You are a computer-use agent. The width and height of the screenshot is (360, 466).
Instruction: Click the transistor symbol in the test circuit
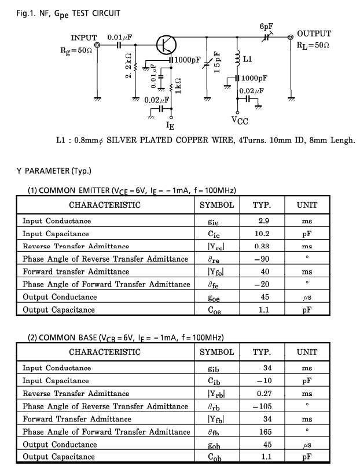click(x=167, y=45)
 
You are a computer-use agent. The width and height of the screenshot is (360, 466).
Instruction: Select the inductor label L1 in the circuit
click(x=248, y=59)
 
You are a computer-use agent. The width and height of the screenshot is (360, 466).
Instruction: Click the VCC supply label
click(x=241, y=120)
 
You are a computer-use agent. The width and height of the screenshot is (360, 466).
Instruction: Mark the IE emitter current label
click(x=170, y=125)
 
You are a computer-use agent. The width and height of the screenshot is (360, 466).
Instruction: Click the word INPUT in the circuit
click(x=84, y=38)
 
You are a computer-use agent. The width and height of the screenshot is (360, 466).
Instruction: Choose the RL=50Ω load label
click(x=313, y=45)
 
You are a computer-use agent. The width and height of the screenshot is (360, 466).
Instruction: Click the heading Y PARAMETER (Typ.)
click(x=54, y=171)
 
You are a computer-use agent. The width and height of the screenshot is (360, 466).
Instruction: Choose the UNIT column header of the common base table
click(x=307, y=352)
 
